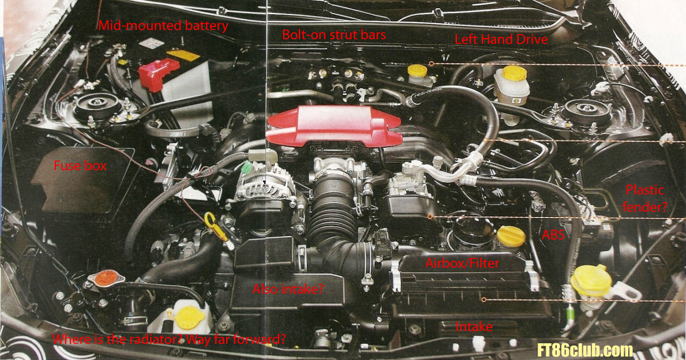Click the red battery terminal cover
click(x=159, y=73)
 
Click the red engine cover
click(x=334, y=126)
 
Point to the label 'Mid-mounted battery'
click(x=163, y=25)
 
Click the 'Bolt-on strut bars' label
click(x=334, y=35)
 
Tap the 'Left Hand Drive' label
click(x=501, y=39)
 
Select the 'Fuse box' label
click(x=80, y=166)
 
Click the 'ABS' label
click(x=553, y=235)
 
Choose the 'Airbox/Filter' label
click(x=463, y=263)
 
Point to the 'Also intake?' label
click(x=288, y=288)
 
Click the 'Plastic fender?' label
click(x=645, y=198)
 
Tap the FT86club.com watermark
click(x=586, y=350)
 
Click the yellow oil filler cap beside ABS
click(x=511, y=237)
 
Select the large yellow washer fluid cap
click(x=591, y=280)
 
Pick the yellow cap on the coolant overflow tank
click(x=189, y=317)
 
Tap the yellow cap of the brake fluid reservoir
click(x=515, y=73)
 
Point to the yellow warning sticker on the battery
click(x=183, y=55)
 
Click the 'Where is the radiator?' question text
click(x=117, y=339)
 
